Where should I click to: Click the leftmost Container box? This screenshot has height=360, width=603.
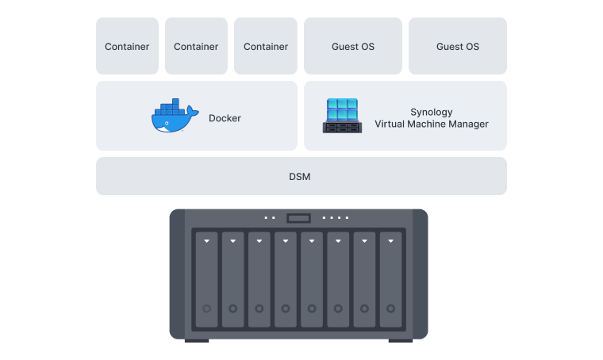pyautogui.click(x=127, y=47)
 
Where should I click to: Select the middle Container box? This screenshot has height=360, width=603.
pyautogui.click(x=196, y=47)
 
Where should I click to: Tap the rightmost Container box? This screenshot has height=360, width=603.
pyautogui.click(x=266, y=47)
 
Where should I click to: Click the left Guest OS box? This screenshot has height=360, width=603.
pyautogui.click(x=353, y=47)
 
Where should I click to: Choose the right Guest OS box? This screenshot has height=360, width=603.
pyautogui.click(x=458, y=47)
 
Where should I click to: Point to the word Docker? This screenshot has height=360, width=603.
pyautogui.click(x=225, y=118)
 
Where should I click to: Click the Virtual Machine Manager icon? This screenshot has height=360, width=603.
pyautogui.click(x=342, y=116)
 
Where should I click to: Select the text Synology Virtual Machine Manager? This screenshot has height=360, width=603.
pyautogui.click(x=432, y=118)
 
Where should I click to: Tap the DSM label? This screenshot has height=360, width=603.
pyautogui.click(x=300, y=176)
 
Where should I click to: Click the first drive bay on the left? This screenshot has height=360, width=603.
pyautogui.click(x=206, y=279)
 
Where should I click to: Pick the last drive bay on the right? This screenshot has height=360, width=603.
pyautogui.click(x=390, y=279)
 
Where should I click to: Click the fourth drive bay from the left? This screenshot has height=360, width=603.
pyautogui.click(x=286, y=279)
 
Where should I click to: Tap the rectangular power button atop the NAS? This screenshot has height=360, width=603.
pyautogui.click(x=298, y=218)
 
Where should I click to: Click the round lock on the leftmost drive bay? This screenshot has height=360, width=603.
pyautogui.click(x=206, y=308)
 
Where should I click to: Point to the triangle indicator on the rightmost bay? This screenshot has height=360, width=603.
pyautogui.click(x=390, y=240)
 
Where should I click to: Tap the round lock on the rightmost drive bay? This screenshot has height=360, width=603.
pyautogui.click(x=390, y=308)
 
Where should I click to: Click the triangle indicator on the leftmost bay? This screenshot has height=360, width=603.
pyautogui.click(x=206, y=240)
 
